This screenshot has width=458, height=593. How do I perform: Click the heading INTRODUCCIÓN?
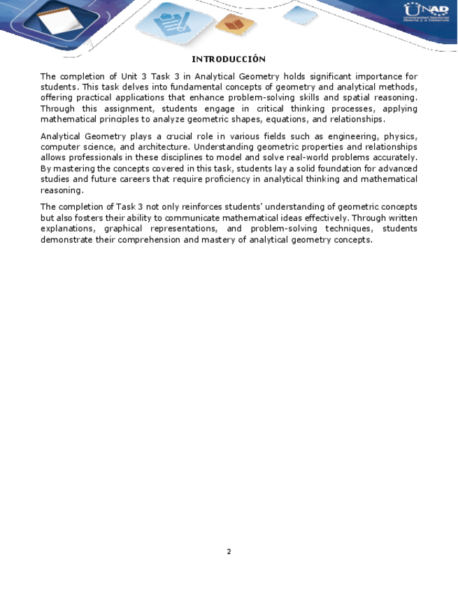tap(229, 59)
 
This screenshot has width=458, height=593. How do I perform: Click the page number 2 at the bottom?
tap(229, 552)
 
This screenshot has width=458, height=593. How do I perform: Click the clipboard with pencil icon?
tap(169, 24)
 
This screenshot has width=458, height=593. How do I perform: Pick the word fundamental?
tap(166, 87)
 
